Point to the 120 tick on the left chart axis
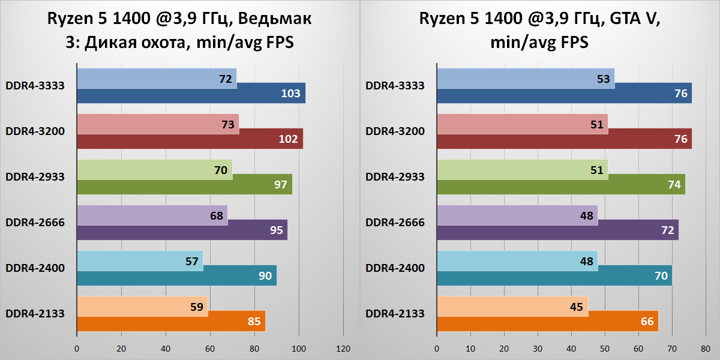tap(343, 349)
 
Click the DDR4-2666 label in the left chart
tap(35, 223)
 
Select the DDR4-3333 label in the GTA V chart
tap(395, 86)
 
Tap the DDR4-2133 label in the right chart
tap(395, 314)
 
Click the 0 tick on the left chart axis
tap(77, 349)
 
